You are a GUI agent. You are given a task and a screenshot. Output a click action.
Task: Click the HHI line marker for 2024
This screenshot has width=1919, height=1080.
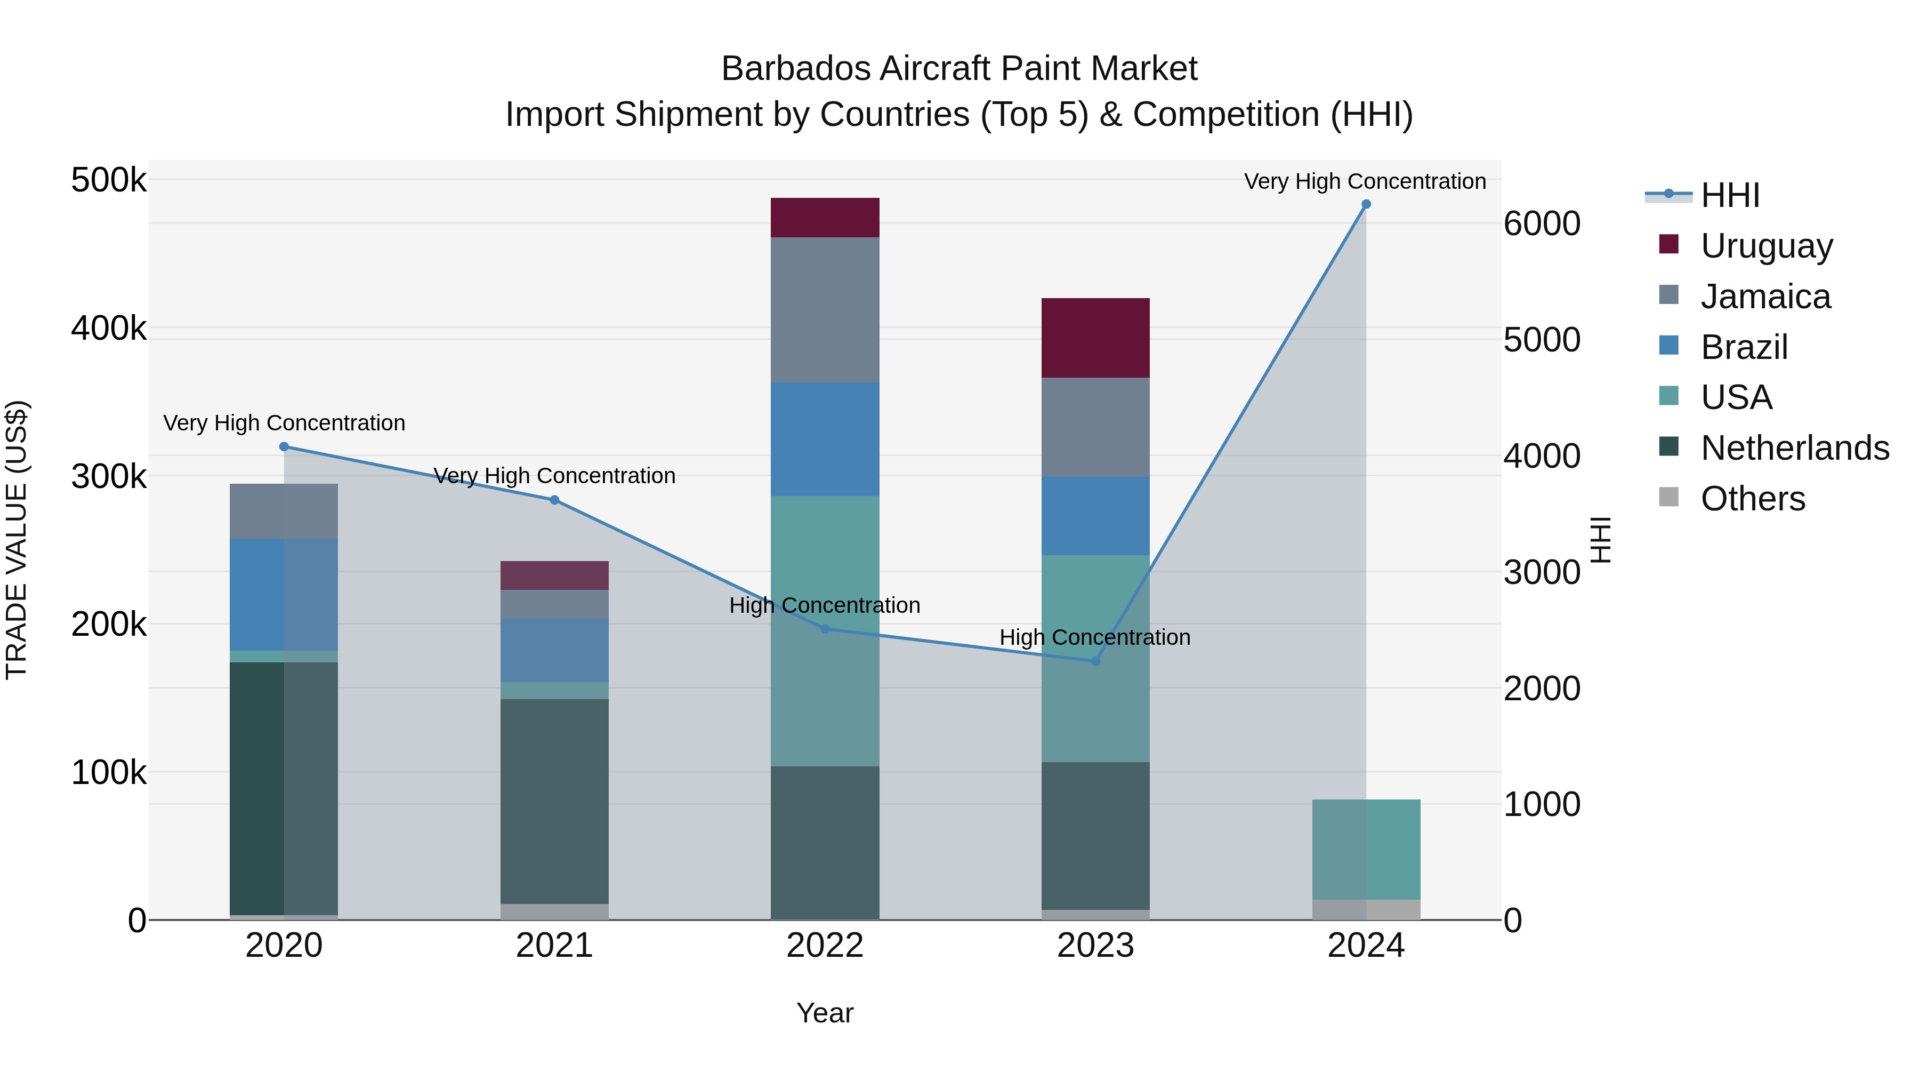click(x=1366, y=204)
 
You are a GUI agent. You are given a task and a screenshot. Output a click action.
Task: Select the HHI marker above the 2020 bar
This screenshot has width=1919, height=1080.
click(x=284, y=446)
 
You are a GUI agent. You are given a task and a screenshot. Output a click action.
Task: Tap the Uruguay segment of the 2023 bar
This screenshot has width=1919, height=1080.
click(x=1095, y=338)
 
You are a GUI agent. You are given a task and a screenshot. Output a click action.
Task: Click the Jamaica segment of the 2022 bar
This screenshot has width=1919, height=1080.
click(x=825, y=310)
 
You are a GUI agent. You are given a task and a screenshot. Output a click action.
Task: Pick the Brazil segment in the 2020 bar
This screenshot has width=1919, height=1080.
click(x=284, y=595)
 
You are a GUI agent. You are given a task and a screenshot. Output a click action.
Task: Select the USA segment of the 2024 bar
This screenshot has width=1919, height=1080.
click(x=1366, y=850)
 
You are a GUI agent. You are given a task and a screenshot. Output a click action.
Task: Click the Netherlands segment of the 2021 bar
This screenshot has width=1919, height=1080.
click(x=554, y=801)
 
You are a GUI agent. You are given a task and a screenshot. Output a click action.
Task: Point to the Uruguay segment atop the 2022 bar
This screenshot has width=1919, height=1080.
click(x=825, y=218)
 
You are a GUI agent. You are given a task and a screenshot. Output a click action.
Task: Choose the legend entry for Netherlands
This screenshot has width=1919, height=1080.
click(x=1794, y=448)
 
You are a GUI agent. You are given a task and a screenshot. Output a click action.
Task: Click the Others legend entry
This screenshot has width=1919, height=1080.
click(x=1752, y=499)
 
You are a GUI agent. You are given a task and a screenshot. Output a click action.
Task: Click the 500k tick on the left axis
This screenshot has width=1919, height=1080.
click(x=109, y=180)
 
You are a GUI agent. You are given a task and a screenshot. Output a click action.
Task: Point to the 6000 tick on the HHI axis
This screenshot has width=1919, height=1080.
click(x=1541, y=223)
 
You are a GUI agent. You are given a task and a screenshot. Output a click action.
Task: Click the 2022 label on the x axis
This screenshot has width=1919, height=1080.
click(x=825, y=946)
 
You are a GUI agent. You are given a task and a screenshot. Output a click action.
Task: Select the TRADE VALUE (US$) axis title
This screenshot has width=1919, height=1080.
click(x=17, y=540)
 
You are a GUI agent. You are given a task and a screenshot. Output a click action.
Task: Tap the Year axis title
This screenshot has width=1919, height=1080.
click(x=825, y=1013)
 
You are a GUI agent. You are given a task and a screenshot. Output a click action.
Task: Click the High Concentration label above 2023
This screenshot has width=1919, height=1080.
click(x=1094, y=637)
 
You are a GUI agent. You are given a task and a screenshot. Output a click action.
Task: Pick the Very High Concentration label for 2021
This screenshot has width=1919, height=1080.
click(x=554, y=476)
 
